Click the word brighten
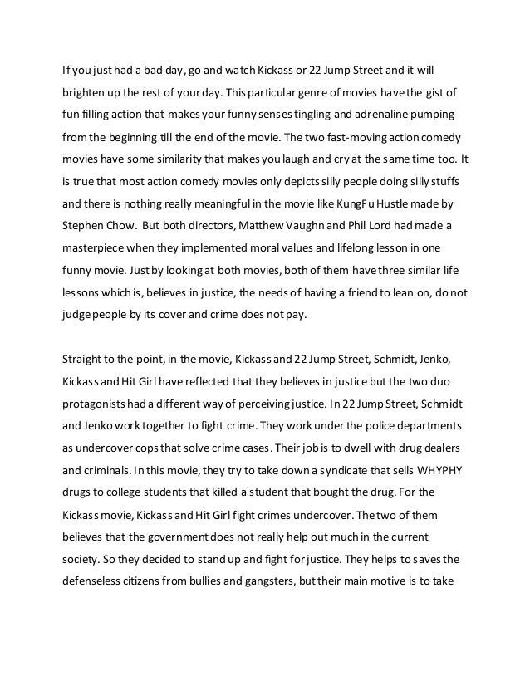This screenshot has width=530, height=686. tap(82, 90)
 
